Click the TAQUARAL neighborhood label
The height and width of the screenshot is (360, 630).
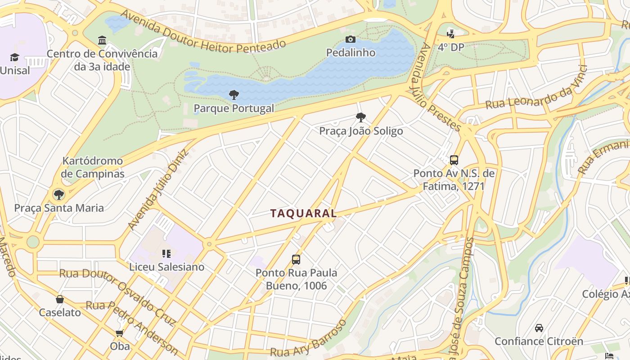pos(303,213)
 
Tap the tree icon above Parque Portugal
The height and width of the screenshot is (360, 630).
pos(234,95)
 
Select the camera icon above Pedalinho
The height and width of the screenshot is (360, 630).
pos(351,40)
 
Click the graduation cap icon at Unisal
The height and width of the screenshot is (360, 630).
pos(15,57)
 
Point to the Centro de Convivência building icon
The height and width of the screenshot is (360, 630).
pos(102,41)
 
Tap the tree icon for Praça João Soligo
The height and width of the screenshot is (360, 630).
pos(360,117)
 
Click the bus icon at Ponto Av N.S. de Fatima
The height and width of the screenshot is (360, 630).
pos(454,160)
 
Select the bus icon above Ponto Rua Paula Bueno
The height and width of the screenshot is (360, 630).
pos(296,259)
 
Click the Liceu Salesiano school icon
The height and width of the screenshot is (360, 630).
pos(166,254)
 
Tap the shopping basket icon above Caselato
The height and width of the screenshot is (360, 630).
pos(59,299)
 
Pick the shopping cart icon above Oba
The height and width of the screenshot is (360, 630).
pos(119,333)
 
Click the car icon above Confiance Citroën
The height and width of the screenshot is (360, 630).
pos(539,328)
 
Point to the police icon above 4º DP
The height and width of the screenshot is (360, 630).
pos(450,34)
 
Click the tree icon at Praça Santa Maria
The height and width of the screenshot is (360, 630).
pos(58,195)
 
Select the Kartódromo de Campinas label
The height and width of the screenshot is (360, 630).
pos(92,167)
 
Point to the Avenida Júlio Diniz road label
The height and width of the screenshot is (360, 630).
pos(157,189)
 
